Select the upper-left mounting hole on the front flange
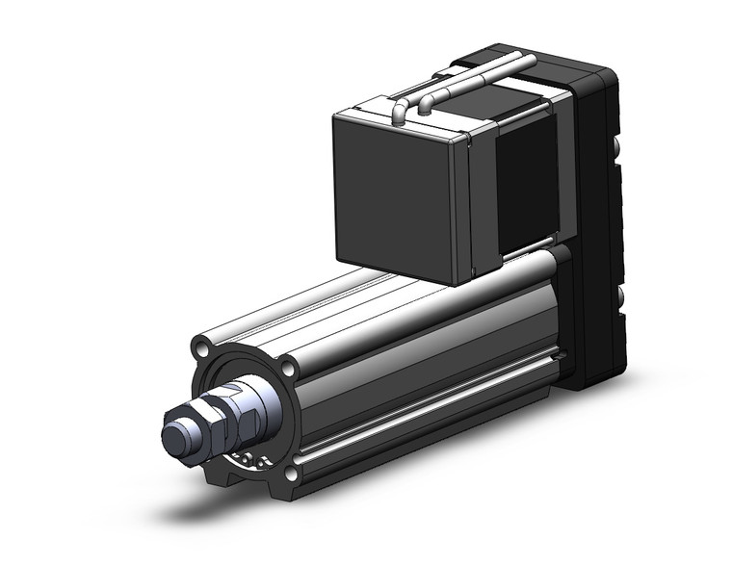point(199,345)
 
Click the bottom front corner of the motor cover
point(453,282)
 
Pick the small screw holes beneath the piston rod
point(246,458)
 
